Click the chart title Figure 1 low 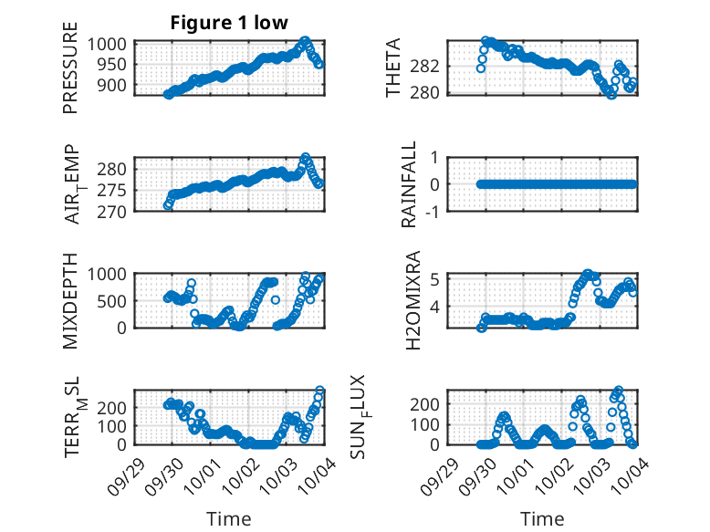229,23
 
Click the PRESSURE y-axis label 70,75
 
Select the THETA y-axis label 393,68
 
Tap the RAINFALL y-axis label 410,184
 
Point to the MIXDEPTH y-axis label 70,300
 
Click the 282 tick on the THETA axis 430,66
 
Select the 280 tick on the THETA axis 430,92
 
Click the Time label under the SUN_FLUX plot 542,519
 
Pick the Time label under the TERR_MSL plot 229,519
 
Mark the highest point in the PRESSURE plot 305,41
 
